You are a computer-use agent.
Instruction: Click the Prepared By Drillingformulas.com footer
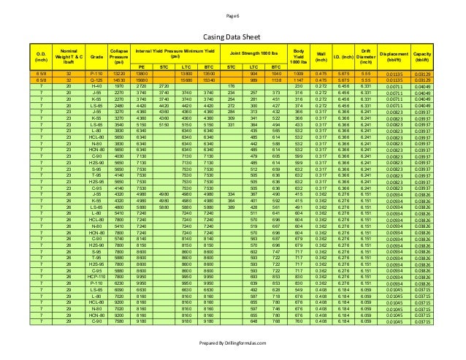[x=233, y=342]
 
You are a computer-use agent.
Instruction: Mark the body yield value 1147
[x=298, y=80]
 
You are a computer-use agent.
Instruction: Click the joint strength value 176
[x=232, y=86]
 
